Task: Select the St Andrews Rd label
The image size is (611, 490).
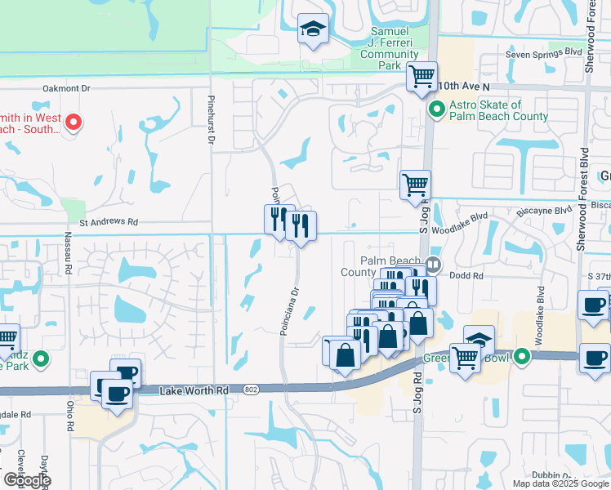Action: pyautogui.click(x=109, y=221)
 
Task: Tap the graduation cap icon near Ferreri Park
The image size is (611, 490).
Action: pyautogui.click(x=313, y=29)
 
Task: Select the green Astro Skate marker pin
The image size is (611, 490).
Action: pyautogui.click(x=437, y=107)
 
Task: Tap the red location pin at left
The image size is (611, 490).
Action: pyautogui.click(x=73, y=122)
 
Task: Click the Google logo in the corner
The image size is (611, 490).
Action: pyautogui.click(x=27, y=480)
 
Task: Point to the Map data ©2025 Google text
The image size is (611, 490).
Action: pyautogui.click(x=561, y=483)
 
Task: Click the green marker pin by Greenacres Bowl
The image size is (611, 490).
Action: pyautogui.click(x=520, y=356)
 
